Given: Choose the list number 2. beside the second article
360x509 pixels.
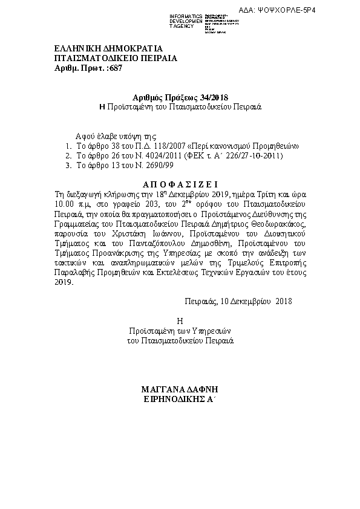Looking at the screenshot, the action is (69, 156).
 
